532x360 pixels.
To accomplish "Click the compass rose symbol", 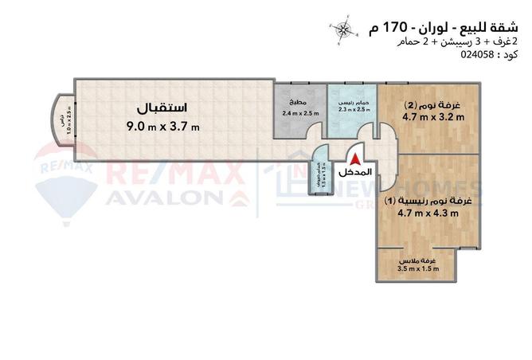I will [344, 29].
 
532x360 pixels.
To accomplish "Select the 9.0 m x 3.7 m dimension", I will [162, 127].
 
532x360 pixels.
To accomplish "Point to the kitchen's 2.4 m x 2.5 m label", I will [299, 114].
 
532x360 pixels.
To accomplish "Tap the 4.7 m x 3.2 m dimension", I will [433, 119].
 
